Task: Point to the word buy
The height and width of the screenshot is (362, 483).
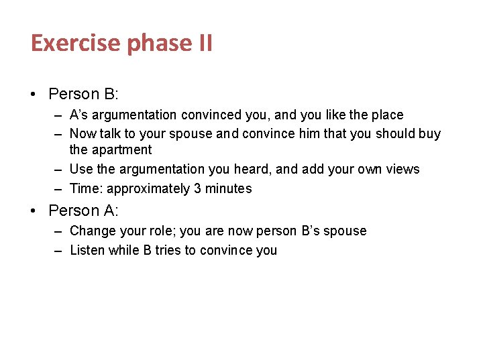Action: coord(430,133)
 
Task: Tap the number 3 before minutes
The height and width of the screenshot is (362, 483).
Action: coord(197,188)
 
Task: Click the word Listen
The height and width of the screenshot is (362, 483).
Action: coord(87,250)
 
